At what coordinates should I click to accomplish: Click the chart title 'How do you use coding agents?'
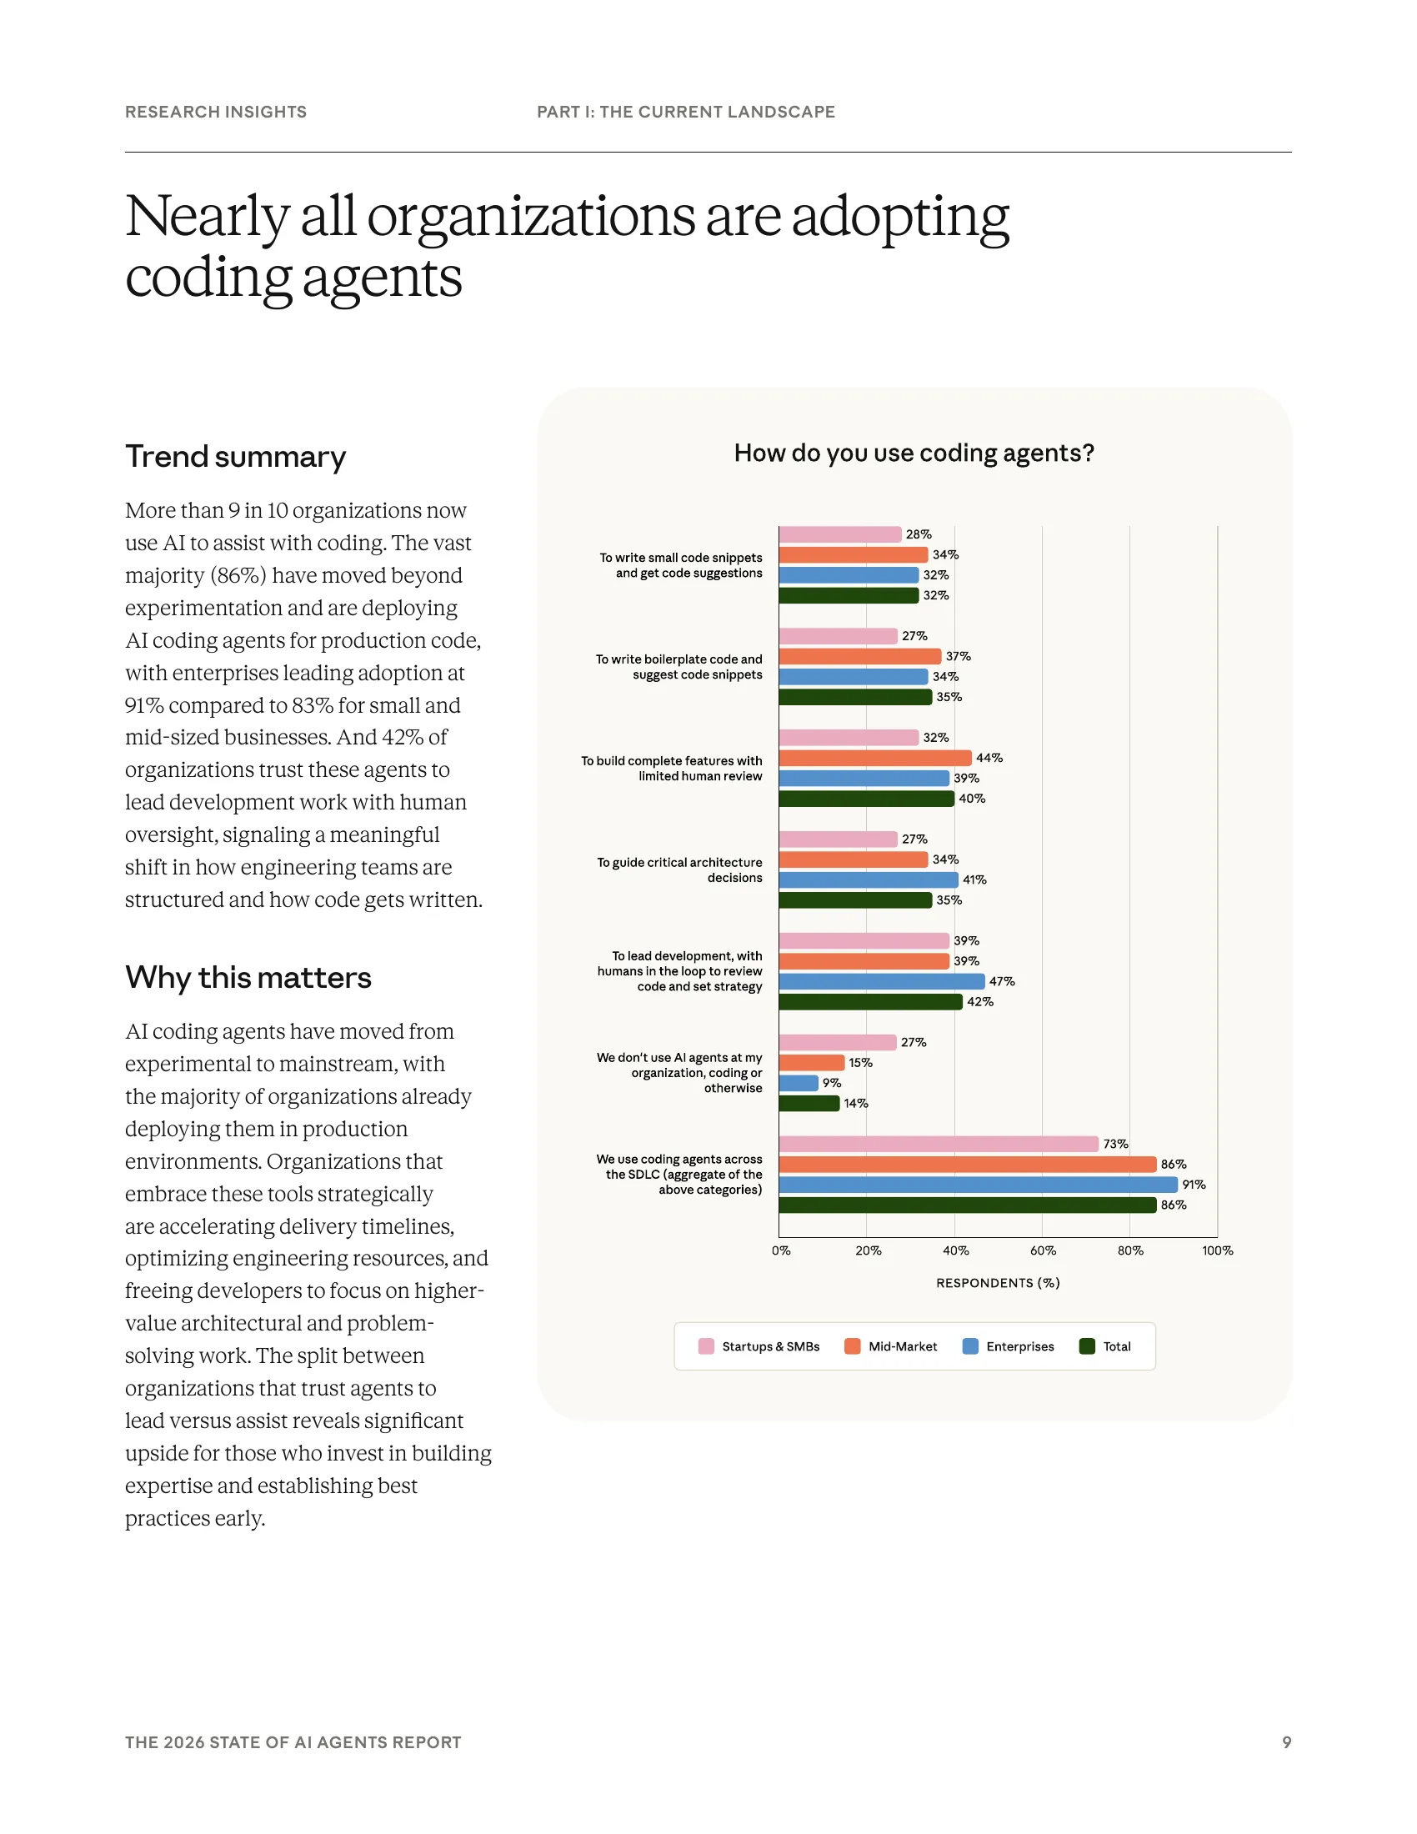click(x=914, y=453)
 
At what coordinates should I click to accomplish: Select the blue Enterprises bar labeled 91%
click(x=977, y=1184)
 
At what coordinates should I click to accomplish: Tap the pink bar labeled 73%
click(x=938, y=1144)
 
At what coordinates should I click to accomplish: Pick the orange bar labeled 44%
click(x=874, y=758)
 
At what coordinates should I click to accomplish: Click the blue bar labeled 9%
click(x=798, y=1082)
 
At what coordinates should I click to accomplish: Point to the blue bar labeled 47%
click(x=880, y=981)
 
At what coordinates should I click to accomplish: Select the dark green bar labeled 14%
click(x=809, y=1103)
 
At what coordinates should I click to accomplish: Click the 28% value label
click(x=919, y=534)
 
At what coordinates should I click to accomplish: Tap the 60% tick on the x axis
click(x=1043, y=1250)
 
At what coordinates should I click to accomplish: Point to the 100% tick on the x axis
click(x=1216, y=1250)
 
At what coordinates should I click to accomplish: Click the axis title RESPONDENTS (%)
click(x=997, y=1282)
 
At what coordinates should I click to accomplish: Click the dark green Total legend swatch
click(x=1086, y=1346)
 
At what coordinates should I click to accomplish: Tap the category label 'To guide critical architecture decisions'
click(x=679, y=870)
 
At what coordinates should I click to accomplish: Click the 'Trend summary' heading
click(x=235, y=456)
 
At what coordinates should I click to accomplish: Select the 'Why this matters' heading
click(x=248, y=978)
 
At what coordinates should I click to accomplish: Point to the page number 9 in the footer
click(x=1286, y=1741)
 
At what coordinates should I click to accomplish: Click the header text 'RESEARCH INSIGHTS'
click(x=216, y=112)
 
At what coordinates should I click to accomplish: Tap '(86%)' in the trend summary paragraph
click(x=238, y=575)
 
